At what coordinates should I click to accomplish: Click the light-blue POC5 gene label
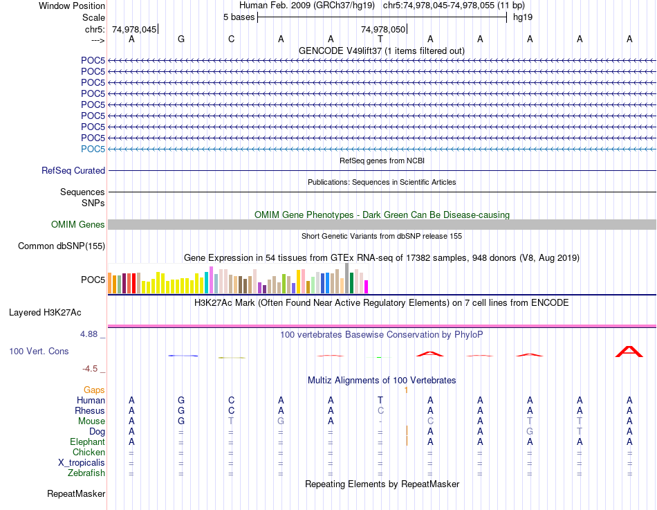93,149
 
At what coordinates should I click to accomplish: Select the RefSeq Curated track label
73,170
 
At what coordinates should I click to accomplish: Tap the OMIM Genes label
78,224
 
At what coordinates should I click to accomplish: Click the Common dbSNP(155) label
62,246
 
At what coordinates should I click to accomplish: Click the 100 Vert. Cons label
39,352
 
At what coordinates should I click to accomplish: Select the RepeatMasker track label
76,494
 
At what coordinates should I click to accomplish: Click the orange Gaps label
94,390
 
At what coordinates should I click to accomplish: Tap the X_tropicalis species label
82,463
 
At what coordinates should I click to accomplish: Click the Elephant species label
87,442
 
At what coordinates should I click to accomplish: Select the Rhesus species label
89,411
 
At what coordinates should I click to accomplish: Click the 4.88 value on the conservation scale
91,334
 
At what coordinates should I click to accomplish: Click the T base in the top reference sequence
380,39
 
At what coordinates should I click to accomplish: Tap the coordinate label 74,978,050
382,29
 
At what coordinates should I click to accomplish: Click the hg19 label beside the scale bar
522,17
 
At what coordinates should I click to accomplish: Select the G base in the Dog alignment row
530,432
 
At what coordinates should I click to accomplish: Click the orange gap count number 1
407,390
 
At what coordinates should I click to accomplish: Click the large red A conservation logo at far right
629,352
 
